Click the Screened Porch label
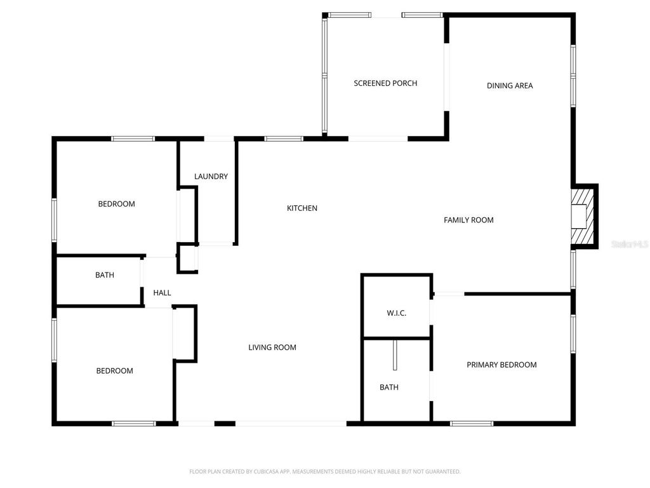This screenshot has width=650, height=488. [385, 83]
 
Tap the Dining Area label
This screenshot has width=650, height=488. [510, 86]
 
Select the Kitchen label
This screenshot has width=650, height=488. [302, 208]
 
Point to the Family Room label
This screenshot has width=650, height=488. [468, 220]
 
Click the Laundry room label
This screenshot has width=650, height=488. [211, 177]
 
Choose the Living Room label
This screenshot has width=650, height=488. [272, 348]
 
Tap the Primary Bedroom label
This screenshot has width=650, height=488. [501, 365]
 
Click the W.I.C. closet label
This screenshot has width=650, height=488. [396, 313]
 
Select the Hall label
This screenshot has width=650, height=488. [162, 293]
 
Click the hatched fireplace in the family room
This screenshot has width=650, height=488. [583, 216]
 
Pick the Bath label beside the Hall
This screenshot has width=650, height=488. [105, 275]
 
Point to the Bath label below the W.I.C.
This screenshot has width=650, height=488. [389, 387]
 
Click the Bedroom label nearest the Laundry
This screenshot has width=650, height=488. [116, 204]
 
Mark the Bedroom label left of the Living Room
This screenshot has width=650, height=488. [115, 371]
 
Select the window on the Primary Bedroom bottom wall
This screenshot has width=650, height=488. [472, 423]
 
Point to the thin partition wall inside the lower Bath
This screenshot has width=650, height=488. [394, 355]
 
